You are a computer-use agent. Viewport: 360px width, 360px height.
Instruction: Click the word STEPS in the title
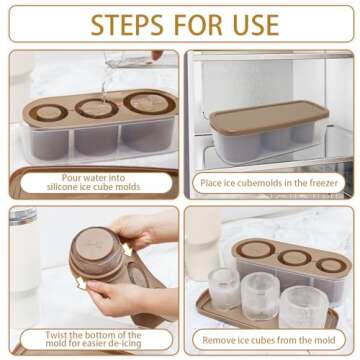(x=129, y=23)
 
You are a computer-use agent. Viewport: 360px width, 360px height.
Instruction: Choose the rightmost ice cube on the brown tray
(x=304, y=305)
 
